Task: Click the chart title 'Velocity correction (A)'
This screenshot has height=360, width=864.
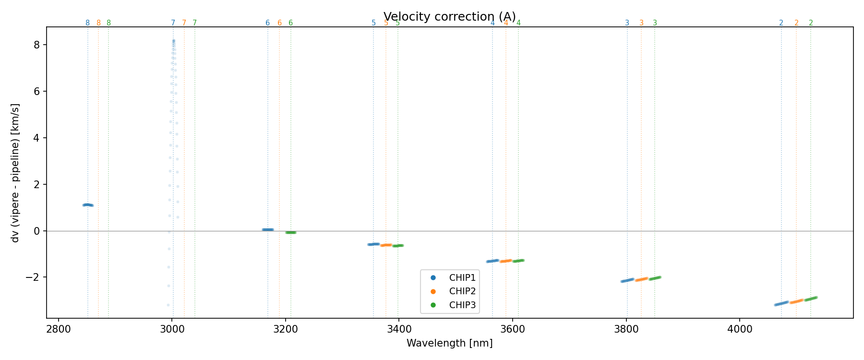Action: click(x=449, y=17)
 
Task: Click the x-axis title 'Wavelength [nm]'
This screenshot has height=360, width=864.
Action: click(x=449, y=343)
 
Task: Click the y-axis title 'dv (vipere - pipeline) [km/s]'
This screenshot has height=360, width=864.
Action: click(x=15, y=173)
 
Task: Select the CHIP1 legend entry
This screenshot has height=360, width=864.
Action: click(x=462, y=277)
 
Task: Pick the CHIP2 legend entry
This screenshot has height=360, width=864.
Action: click(x=462, y=291)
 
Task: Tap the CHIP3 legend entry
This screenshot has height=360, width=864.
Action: click(x=462, y=305)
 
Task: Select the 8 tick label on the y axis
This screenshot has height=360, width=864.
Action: click(x=37, y=45)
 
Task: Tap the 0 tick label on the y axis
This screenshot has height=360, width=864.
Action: click(x=37, y=231)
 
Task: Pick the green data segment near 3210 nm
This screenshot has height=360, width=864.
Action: click(x=291, y=232)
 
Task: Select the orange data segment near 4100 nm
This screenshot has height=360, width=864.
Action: click(x=796, y=301)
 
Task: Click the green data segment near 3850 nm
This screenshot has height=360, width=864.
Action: click(x=655, y=278)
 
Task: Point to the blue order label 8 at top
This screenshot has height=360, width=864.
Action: click(x=87, y=23)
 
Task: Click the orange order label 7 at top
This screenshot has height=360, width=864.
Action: click(x=184, y=23)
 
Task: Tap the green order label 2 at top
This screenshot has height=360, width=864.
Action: click(x=811, y=23)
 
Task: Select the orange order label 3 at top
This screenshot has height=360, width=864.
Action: click(x=641, y=23)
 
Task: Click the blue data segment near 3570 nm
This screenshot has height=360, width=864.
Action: click(x=492, y=261)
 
